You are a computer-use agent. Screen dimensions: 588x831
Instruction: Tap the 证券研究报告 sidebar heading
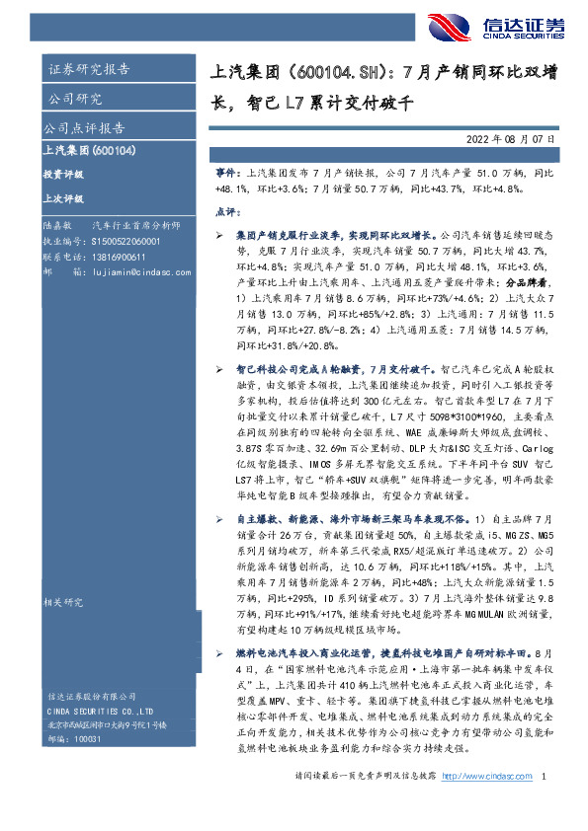tap(88, 69)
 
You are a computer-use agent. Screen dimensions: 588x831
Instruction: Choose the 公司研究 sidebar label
tap(74, 99)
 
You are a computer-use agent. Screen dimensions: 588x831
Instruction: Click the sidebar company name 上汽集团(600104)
tap(89, 151)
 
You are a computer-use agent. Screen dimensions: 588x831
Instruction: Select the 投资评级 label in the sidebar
tap(64, 175)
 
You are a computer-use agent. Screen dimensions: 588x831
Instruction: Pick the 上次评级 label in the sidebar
tap(64, 197)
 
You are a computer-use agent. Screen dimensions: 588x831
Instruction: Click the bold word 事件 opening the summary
tap(227, 172)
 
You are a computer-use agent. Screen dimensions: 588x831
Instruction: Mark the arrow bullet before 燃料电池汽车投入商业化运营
tap(220, 653)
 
